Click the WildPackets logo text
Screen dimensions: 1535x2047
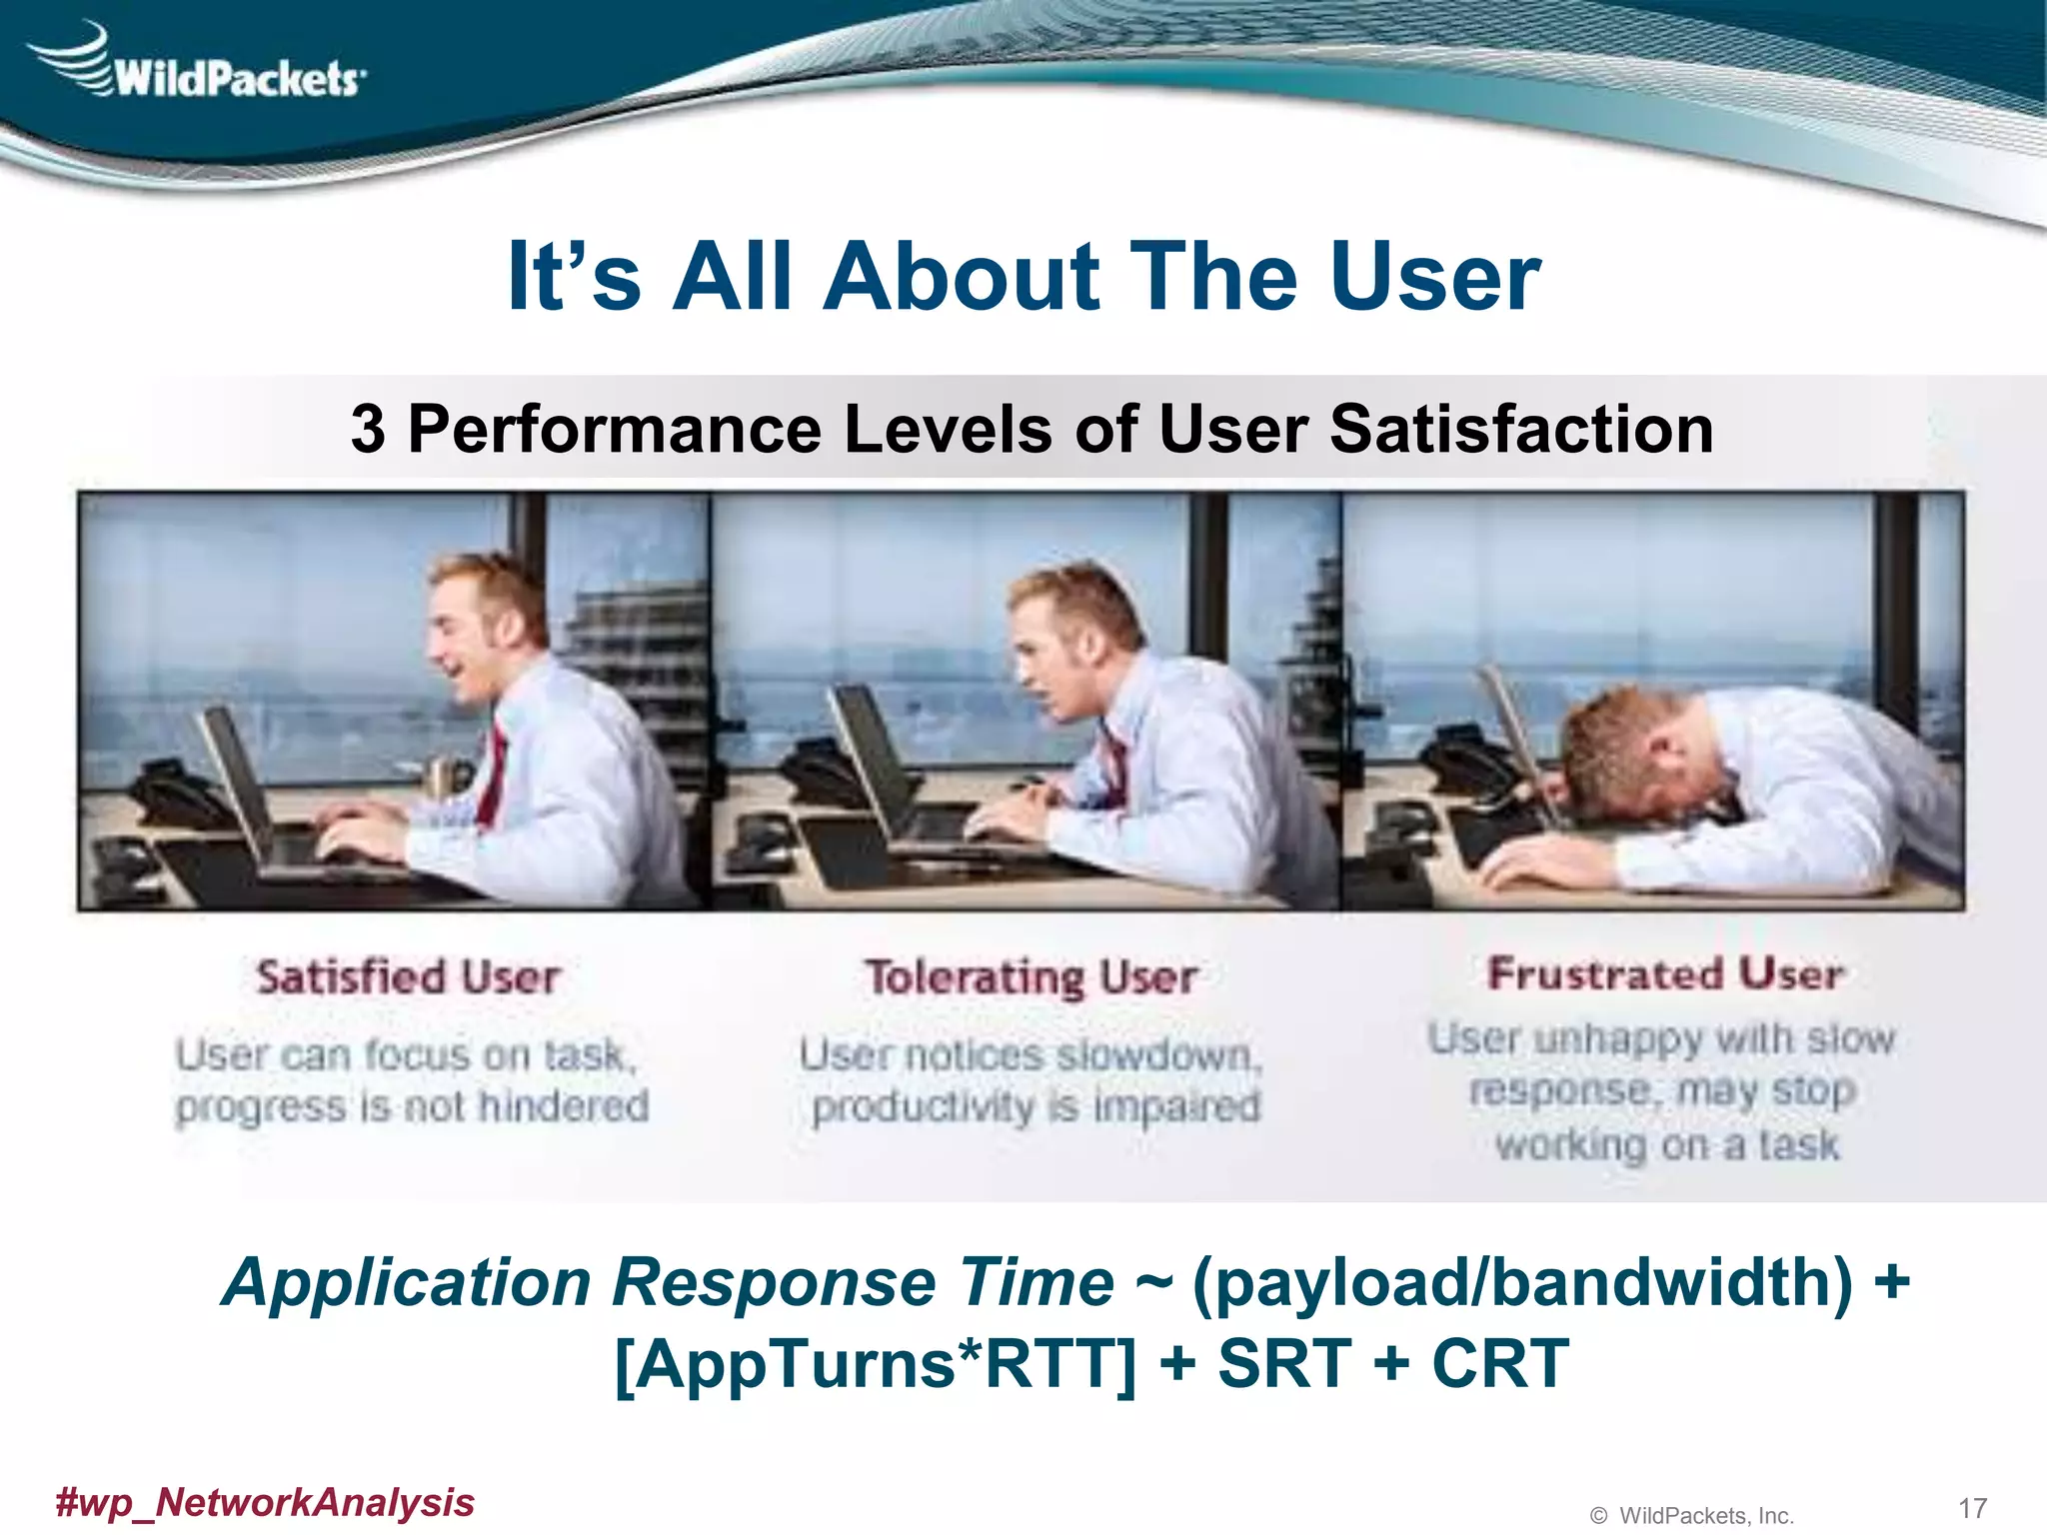pos(238,78)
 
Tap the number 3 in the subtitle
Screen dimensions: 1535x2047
pos(368,430)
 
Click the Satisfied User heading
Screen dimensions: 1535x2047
pos(408,977)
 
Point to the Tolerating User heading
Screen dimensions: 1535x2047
pos(1031,977)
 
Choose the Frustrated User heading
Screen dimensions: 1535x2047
pos(1665,973)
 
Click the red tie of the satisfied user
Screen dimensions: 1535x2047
pos(493,774)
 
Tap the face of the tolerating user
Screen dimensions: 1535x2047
pos(1044,660)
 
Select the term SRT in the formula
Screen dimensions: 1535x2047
pos(1283,1365)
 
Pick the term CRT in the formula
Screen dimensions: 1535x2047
pos(1499,1365)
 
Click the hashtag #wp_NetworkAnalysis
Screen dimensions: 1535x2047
pos(265,1502)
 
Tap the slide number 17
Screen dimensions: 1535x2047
pos(1972,1508)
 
